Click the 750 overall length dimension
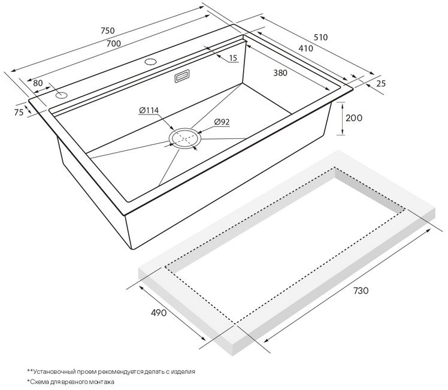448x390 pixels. click(107, 31)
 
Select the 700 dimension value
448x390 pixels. click(113, 43)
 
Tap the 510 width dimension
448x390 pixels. click(320, 37)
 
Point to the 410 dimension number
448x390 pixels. click(305, 49)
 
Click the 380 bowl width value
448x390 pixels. click(280, 73)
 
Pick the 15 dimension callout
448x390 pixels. click(233, 58)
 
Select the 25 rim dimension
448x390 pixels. click(380, 83)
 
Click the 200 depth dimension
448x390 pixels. click(354, 117)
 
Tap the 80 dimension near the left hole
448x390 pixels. click(38, 83)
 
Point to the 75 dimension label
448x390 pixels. click(19, 112)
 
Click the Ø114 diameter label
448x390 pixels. click(149, 110)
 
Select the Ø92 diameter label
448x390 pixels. click(222, 122)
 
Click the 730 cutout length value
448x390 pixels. click(361, 291)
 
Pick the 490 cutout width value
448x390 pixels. click(158, 313)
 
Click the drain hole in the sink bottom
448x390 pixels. click(185, 138)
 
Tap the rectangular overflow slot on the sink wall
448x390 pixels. click(181, 76)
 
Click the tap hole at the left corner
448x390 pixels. click(62, 95)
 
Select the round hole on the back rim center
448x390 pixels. click(150, 62)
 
